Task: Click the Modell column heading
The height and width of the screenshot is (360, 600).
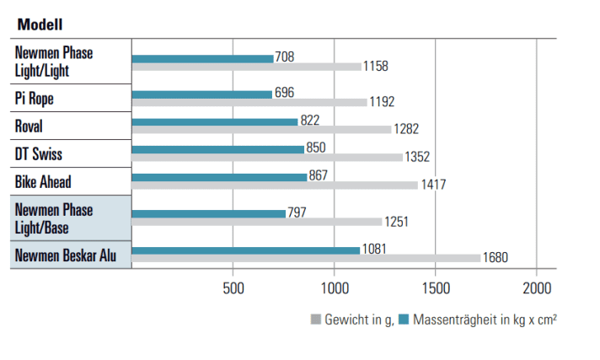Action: [x=40, y=24]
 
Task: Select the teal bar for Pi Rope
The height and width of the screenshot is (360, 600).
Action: [x=202, y=94]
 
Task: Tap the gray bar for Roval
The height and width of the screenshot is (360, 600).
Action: [x=262, y=129]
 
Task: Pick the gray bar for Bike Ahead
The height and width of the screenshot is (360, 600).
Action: [x=275, y=185]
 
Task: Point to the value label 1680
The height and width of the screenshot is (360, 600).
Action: [x=495, y=258]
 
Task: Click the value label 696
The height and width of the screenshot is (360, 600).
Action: [x=285, y=94]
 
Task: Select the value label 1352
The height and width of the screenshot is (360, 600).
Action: [x=417, y=157]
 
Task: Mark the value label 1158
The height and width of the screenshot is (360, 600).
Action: [x=376, y=66]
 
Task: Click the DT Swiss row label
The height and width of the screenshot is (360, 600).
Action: [x=39, y=154]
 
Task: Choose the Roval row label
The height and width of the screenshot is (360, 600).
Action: [x=29, y=126]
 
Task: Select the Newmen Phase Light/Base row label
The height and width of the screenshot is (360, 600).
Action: [x=54, y=218]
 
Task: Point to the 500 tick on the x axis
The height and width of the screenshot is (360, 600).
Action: [x=233, y=288]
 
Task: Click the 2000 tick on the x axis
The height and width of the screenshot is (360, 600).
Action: [x=536, y=288]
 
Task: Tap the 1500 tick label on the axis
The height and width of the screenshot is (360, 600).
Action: [x=435, y=288]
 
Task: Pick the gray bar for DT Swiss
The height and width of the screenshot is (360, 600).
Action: [x=267, y=157]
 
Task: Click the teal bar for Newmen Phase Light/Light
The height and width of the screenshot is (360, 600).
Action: [x=203, y=58]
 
